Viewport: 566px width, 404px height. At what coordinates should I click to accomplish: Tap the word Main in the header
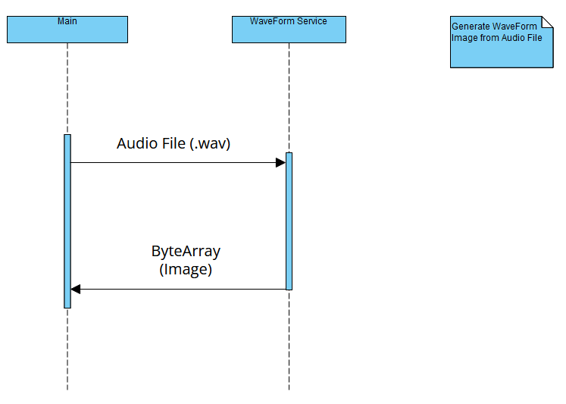(x=67, y=21)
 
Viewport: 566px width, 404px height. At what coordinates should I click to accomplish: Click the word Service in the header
(x=311, y=21)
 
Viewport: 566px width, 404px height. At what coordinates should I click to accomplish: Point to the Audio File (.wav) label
(x=174, y=143)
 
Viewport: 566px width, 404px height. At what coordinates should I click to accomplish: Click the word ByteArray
(x=186, y=252)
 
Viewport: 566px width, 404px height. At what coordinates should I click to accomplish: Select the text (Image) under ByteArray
(x=186, y=268)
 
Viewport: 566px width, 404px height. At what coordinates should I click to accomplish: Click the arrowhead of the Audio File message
(x=280, y=162)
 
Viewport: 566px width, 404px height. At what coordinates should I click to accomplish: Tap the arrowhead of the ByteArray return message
(x=75, y=289)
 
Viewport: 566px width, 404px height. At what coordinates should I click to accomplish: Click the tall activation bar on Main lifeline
(x=67, y=221)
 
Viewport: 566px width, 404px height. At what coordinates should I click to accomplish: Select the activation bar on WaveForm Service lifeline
(x=289, y=221)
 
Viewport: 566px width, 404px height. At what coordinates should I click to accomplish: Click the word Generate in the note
(x=471, y=27)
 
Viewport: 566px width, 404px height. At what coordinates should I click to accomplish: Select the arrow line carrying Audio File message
(x=174, y=162)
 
